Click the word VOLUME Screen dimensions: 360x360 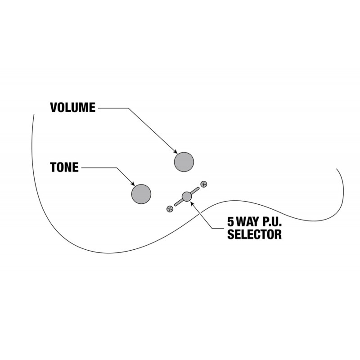coord(72,108)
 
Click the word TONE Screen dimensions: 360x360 coord(64,167)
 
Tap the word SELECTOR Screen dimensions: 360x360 coord(254,234)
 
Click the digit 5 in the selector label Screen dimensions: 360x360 coord(230,221)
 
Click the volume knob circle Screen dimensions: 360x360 coord(184,162)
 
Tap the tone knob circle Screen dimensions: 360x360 coord(141,194)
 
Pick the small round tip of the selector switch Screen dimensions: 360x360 coord(187,197)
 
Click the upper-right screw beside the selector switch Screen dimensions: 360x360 coord(204,184)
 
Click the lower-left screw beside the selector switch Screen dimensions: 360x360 coord(170,209)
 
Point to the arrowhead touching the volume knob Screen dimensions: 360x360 coord(175,152)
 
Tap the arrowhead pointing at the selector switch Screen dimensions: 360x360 coord(192,203)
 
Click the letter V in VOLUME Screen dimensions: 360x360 coord(54,108)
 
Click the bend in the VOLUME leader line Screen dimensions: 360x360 coord(128,108)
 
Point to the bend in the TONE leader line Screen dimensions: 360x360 coord(117,168)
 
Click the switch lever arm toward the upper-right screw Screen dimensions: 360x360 coord(195,190)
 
